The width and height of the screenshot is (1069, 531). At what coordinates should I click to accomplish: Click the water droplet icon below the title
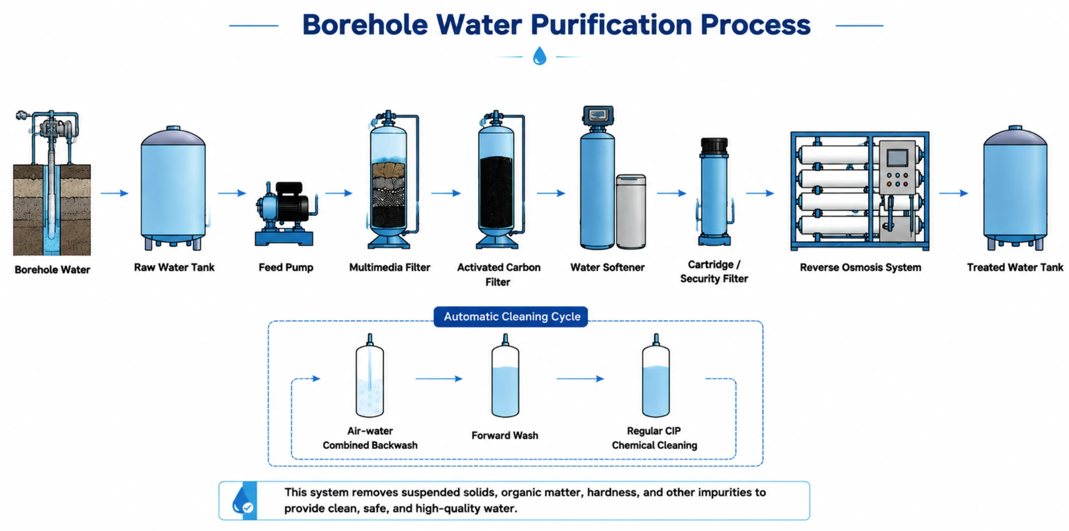click(540, 56)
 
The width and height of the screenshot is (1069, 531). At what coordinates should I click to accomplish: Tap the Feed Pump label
click(286, 267)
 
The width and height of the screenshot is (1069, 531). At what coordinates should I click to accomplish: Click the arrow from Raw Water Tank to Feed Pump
click(232, 193)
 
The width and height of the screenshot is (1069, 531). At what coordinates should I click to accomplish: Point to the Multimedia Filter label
click(389, 267)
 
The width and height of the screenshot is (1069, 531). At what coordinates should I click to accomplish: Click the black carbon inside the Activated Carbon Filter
click(496, 192)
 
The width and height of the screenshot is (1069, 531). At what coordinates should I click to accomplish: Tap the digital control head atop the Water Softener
click(598, 116)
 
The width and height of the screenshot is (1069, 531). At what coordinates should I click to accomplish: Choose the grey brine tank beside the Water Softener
click(631, 211)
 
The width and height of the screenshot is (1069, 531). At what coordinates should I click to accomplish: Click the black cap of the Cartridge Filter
click(714, 146)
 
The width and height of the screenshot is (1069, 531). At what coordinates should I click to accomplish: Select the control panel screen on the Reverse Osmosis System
click(897, 158)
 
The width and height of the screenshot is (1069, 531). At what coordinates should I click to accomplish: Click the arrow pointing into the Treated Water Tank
click(954, 193)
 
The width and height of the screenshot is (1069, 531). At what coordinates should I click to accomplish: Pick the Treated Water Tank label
click(1015, 267)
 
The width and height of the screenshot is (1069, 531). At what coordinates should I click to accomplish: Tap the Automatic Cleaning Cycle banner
click(511, 316)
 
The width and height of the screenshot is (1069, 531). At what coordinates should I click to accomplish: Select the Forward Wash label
click(505, 436)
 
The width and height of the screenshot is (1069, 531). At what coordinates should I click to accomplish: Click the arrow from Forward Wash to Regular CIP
click(580, 379)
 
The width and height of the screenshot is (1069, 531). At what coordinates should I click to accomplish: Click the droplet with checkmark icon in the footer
click(242, 501)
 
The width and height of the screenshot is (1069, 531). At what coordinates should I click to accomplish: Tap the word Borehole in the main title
click(365, 25)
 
